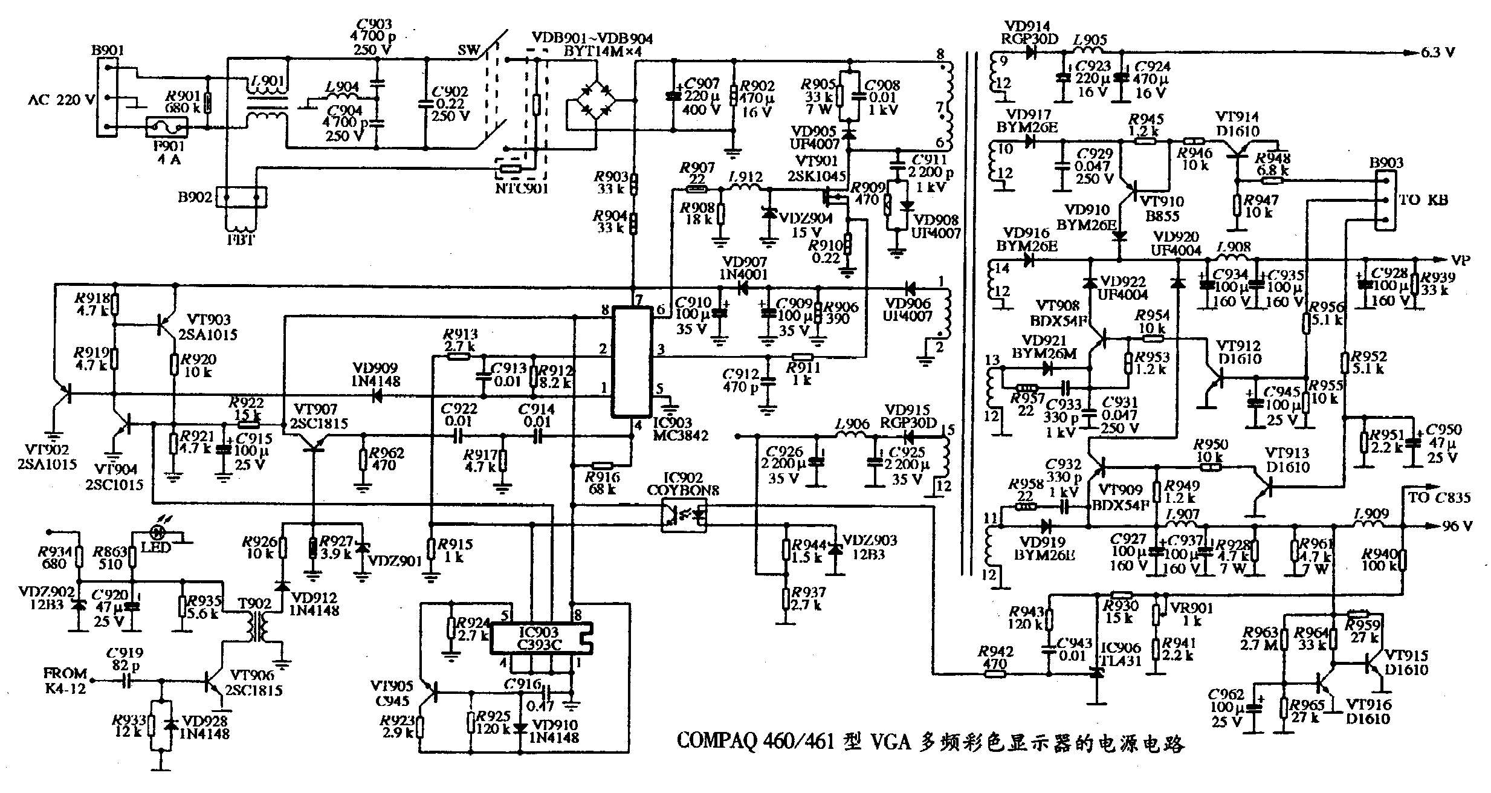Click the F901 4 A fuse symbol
[x=167, y=128]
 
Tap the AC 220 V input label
[x=60, y=100]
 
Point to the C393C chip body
[x=540, y=639]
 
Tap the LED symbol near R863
[x=158, y=532]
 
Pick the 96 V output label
[x=1457, y=526]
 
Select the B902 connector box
[x=241, y=197]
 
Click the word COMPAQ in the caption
[x=715, y=741]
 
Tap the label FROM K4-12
[x=65, y=681]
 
